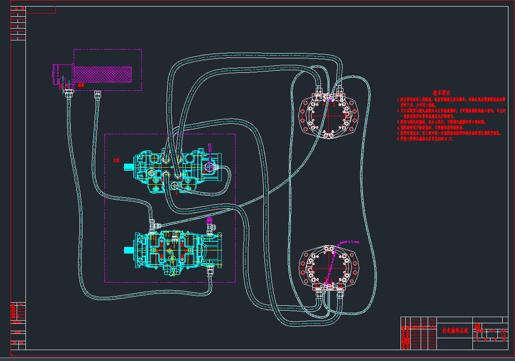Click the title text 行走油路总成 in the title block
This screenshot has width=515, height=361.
[455, 330]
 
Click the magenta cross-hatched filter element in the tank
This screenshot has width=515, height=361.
[103, 74]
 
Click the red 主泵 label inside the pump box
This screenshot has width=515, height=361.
[116, 161]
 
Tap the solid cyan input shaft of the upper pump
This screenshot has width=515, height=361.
[129, 167]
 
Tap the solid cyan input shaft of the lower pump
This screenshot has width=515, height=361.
[129, 250]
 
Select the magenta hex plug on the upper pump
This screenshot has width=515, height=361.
[209, 165]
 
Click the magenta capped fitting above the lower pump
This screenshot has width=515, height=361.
[209, 221]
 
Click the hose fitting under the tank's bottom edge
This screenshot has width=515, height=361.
[97, 93]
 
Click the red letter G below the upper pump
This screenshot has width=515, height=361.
[176, 192]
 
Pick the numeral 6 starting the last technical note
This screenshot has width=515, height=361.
[399, 138]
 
